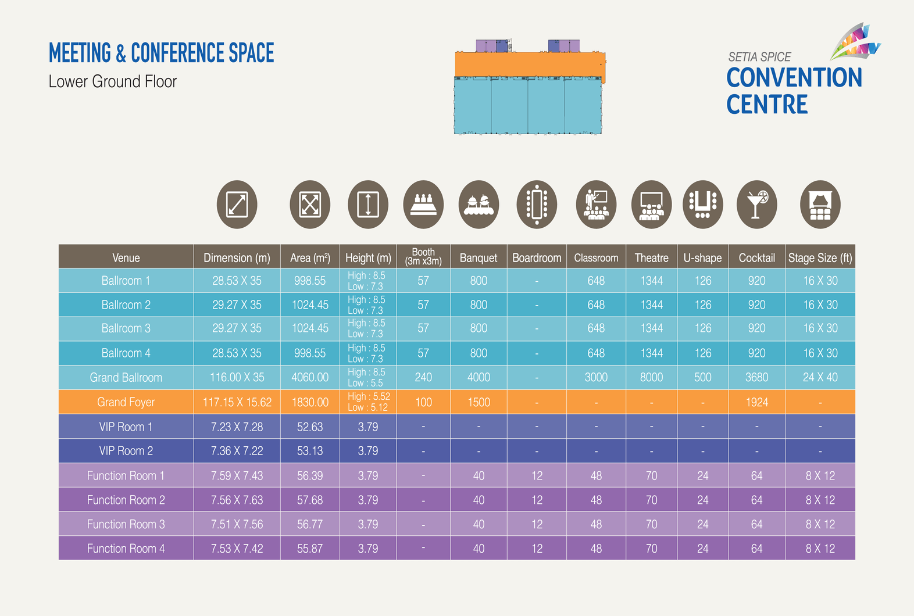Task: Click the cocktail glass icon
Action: pyautogui.click(x=756, y=205)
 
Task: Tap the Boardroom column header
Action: pyautogui.click(x=537, y=257)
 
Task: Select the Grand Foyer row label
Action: pyautogui.click(x=126, y=402)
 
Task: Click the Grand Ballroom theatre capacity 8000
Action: pyautogui.click(x=651, y=377)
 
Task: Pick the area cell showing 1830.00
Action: pyautogui.click(x=310, y=402)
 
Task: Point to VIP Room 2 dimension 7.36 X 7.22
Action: pyautogui.click(x=237, y=451)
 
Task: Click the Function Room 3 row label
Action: pyautogui.click(x=126, y=524)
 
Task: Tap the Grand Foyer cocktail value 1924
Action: pyautogui.click(x=756, y=402)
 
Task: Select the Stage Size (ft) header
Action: pyautogui.click(x=820, y=257)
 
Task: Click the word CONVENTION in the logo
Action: pyautogui.click(x=794, y=78)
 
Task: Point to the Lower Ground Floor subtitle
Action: pyautogui.click(x=112, y=81)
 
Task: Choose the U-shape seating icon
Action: pyautogui.click(x=702, y=205)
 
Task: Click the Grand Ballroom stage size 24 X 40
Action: pyautogui.click(x=820, y=377)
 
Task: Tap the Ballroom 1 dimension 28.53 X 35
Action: pyautogui.click(x=237, y=281)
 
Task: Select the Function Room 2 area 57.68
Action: pyautogui.click(x=310, y=500)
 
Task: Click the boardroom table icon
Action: pyautogui.click(x=537, y=205)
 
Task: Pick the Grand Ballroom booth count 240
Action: pyautogui.click(x=423, y=377)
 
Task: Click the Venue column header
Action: pyautogui.click(x=126, y=257)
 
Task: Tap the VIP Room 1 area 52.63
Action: pyautogui.click(x=310, y=427)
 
